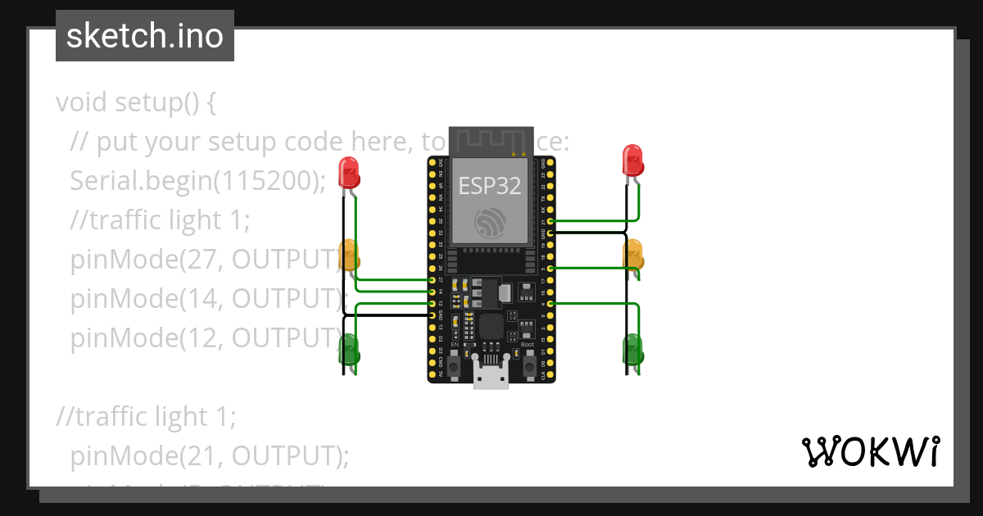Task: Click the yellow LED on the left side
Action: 350,256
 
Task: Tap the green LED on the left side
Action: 350,348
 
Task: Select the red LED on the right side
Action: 632,160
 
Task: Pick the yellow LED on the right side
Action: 633,254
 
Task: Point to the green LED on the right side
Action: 632,349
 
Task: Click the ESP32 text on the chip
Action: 490,186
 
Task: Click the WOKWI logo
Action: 870,451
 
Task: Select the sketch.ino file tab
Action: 145,36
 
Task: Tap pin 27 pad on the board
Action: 432,280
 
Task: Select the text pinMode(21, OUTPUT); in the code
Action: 210,455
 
